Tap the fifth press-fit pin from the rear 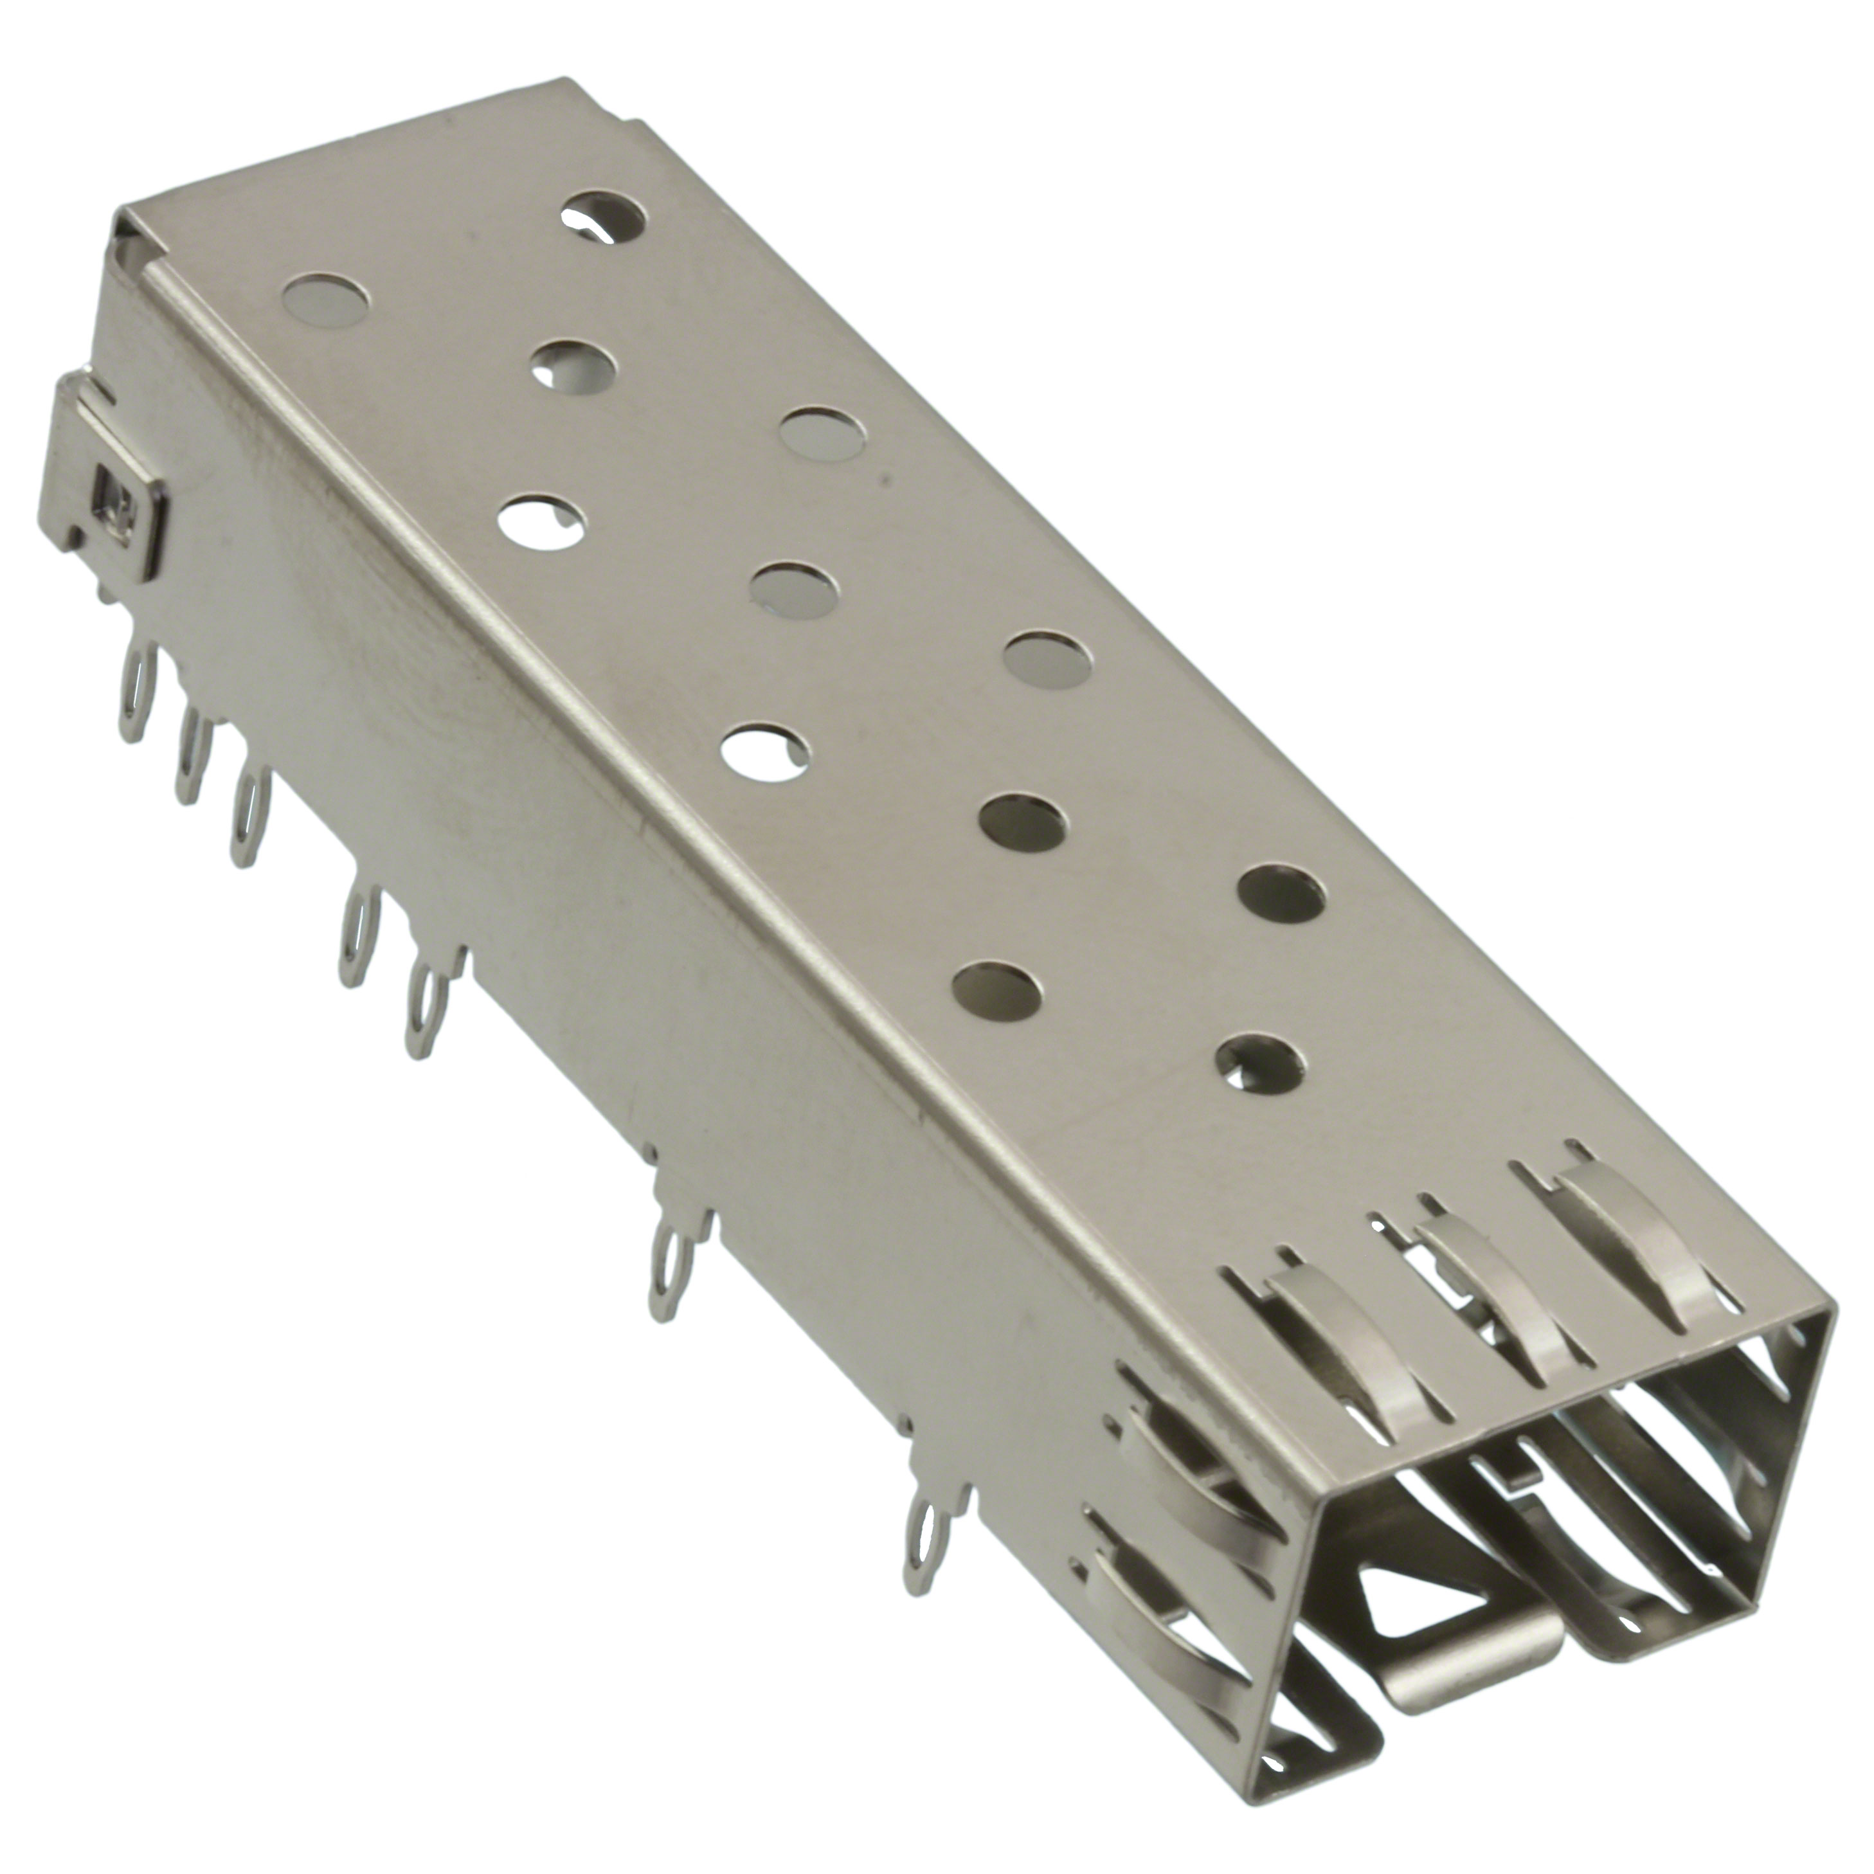click(x=421, y=1009)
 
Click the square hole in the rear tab click(x=109, y=505)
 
